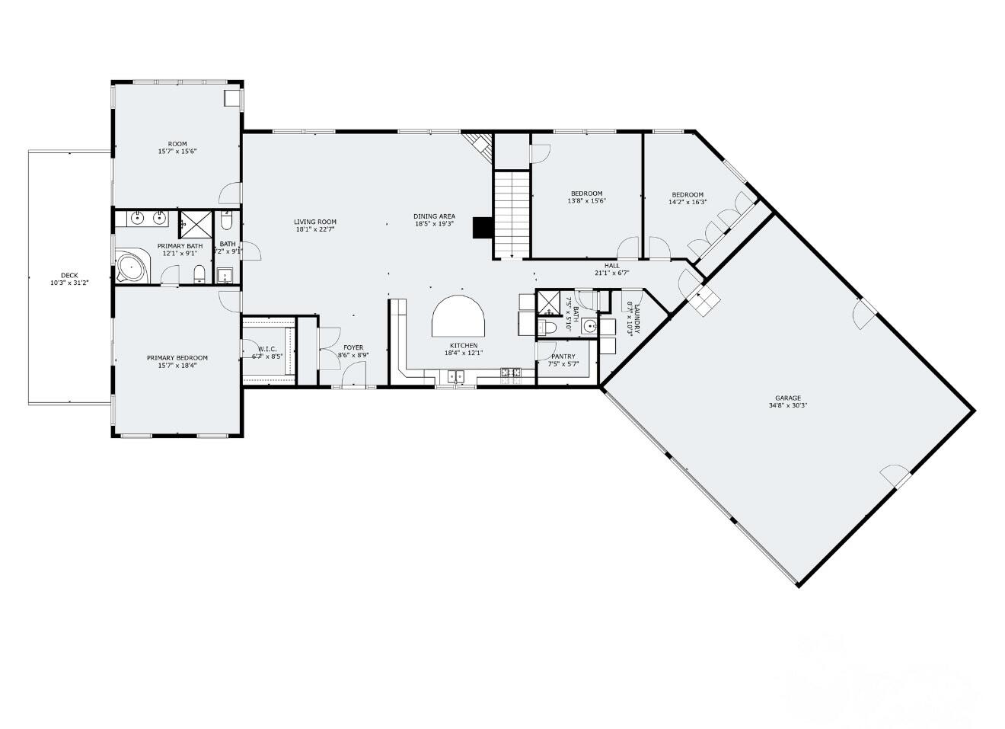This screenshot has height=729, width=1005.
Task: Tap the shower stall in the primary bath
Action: click(x=196, y=224)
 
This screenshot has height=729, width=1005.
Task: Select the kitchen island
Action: click(x=459, y=316)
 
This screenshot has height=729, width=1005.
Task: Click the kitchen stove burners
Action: click(x=511, y=372)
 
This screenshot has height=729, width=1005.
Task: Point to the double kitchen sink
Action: click(x=458, y=375)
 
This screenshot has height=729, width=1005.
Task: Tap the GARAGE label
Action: click(x=788, y=398)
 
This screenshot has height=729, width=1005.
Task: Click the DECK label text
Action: click(x=69, y=276)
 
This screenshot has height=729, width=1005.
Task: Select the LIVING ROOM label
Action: click(x=315, y=222)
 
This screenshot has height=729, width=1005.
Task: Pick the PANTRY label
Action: click(x=563, y=356)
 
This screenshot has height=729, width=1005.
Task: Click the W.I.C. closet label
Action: click(x=267, y=349)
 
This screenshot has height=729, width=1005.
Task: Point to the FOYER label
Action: click(x=353, y=347)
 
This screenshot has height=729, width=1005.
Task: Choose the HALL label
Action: click(x=612, y=266)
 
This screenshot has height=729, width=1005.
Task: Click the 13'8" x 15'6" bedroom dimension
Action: click(x=586, y=201)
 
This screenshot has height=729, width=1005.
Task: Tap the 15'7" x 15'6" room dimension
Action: click(x=177, y=152)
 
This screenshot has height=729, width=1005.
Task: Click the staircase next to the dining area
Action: click(x=512, y=214)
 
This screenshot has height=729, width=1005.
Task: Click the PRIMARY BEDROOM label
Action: click(x=177, y=357)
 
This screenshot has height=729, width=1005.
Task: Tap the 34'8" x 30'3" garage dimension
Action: click(x=788, y=405)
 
